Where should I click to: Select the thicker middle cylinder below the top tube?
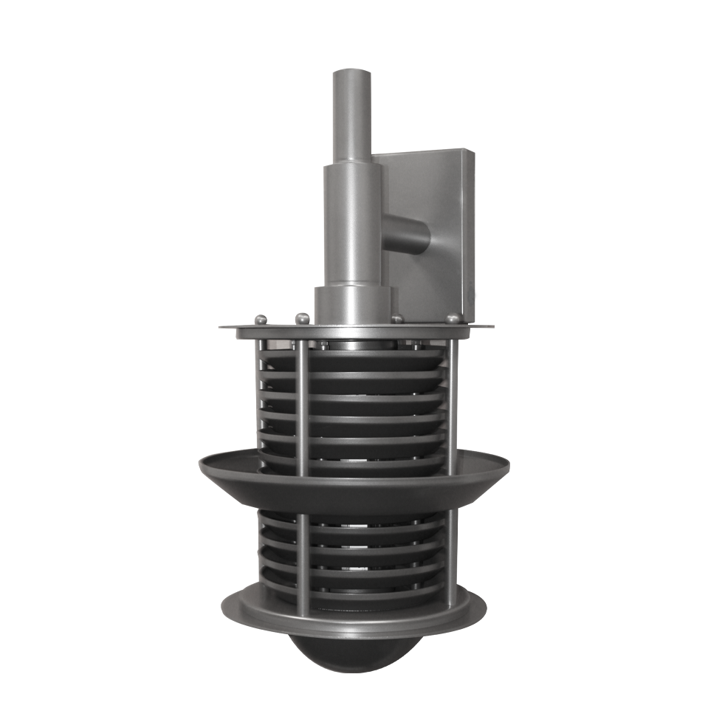click(x=353, y=221)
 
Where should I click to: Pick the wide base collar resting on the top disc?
click(x=353, y=304)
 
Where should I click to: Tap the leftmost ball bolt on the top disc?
click(x=260, y=319)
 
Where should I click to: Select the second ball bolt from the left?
click(x=302, y=319)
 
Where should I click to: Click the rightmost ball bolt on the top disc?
click(x=453, y=318)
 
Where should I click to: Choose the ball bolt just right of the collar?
click(x=397, y=319)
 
